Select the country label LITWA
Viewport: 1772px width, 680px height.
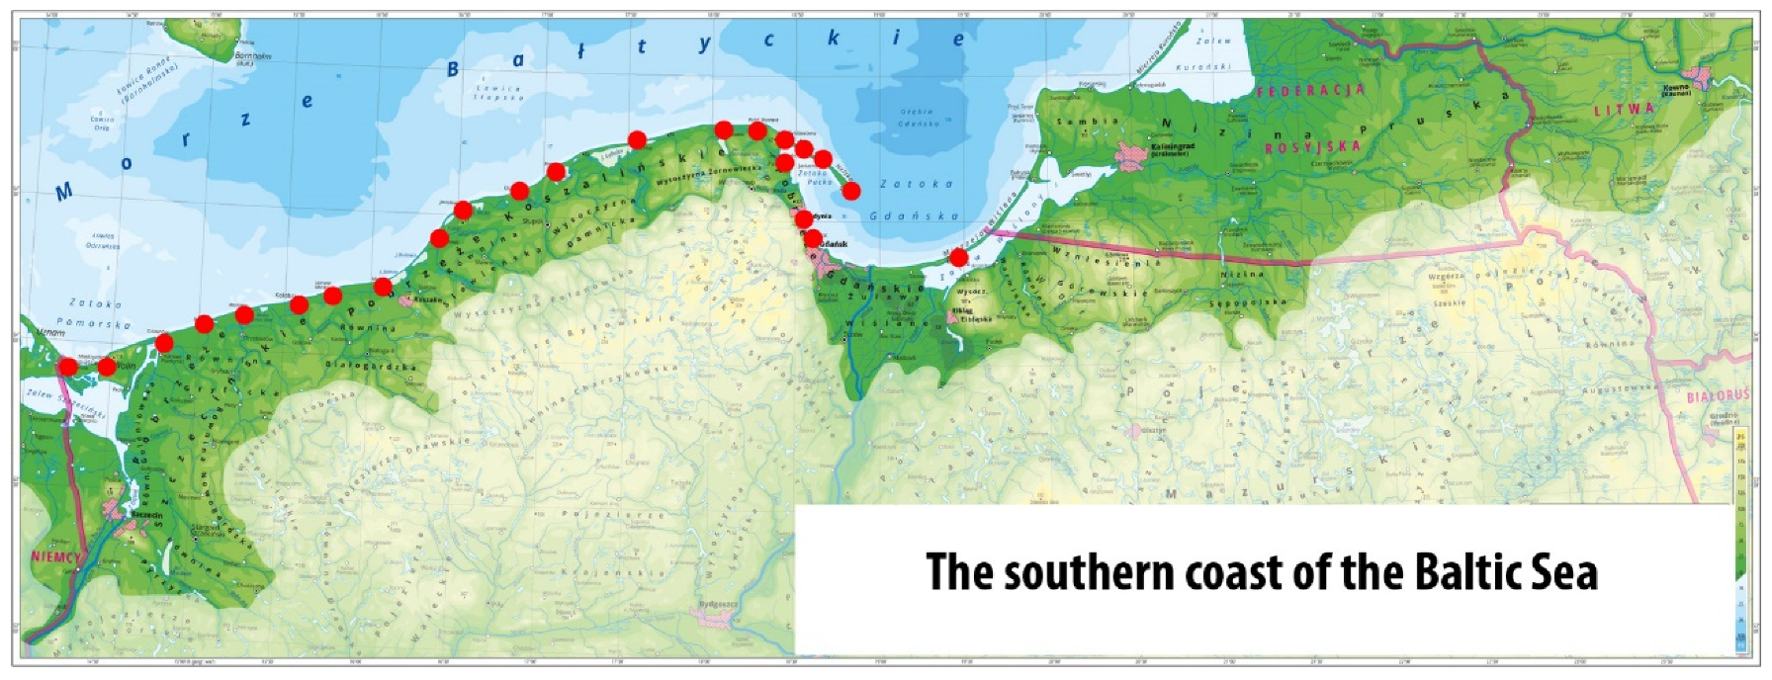tap(1623, 109)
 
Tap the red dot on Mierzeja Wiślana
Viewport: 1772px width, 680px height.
tap(958, 257)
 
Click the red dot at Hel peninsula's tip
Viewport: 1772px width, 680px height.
tap(850, 191)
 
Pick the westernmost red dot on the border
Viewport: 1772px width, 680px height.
tap(67, 367)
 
